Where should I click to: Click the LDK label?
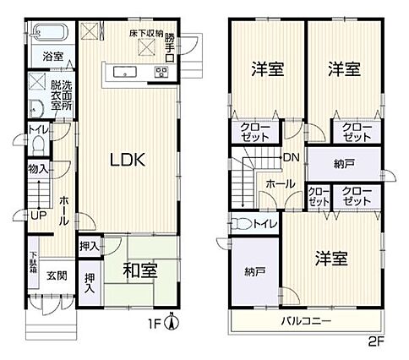coord(128,160)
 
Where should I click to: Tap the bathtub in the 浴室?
coord(50,32)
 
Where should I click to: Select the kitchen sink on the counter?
coord(125,72)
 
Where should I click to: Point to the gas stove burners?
coord(161,72)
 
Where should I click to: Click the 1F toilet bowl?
coord(39,145)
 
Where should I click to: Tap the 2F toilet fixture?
coord(242,224)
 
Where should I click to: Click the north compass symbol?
coord(172,321)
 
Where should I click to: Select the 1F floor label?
coord(155,325)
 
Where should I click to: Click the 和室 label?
coord(140,270)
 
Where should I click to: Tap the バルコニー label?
coord(307,321)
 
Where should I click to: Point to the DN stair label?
coord(292,157)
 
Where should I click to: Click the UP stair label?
coord(38,215)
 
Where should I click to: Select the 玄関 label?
coord(57,275)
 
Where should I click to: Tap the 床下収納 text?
coord(146,34)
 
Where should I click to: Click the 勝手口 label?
coord(169,47)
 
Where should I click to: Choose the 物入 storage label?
coord(38,169)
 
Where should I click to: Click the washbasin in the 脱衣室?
coord(36,109)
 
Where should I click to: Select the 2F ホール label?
coord(280,184)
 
